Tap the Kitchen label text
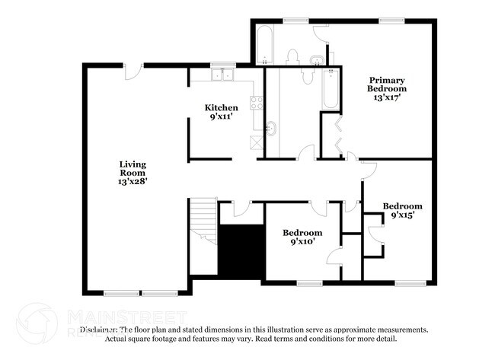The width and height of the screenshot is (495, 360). (x=222, y=107)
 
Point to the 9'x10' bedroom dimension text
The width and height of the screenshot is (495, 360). (x=302, y=241)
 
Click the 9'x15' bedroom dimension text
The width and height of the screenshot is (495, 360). (x=402, y=215)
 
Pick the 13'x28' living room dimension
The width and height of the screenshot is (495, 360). (x=132, y=181)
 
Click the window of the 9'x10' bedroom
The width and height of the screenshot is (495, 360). (x=309, y=283)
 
